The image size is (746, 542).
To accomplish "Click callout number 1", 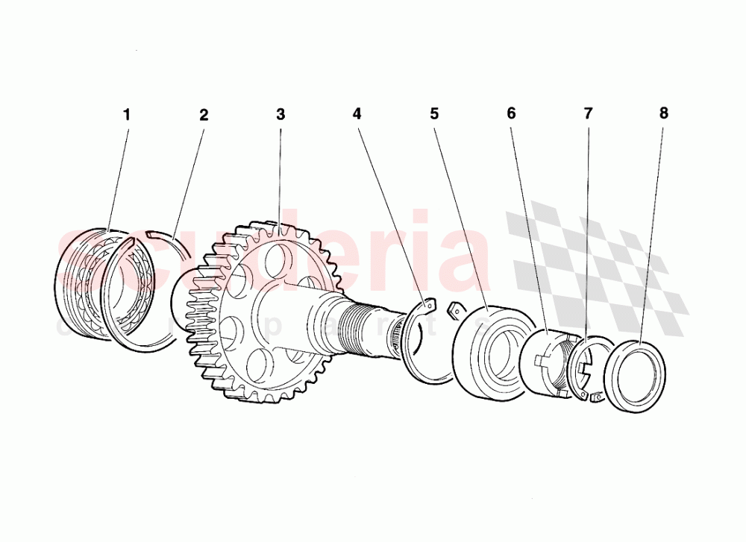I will tap(127, 115).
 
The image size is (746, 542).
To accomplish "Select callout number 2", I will tap(204, 115).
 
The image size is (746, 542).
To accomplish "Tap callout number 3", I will tap(280, 115).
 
